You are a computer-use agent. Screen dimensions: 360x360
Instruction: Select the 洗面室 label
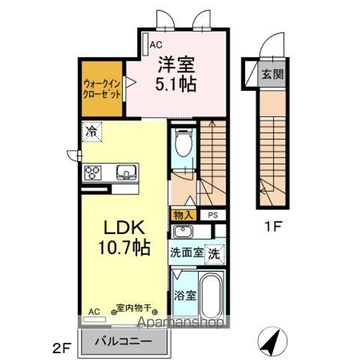186,253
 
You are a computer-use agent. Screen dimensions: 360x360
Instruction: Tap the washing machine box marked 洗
214,253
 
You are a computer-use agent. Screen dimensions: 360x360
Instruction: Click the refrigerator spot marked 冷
91,130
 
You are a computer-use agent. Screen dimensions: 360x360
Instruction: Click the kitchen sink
124,174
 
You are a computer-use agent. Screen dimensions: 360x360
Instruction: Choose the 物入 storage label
184,215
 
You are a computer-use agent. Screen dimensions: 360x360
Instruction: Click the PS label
212,215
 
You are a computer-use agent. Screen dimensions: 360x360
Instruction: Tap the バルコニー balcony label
124,341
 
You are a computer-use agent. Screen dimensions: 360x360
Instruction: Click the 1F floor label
271,224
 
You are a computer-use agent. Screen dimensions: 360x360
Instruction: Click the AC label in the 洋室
156,45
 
